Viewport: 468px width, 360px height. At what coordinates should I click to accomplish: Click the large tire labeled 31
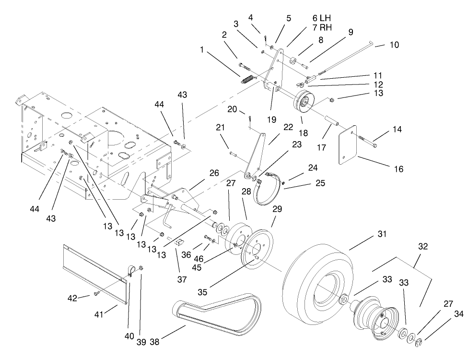coord(316,278)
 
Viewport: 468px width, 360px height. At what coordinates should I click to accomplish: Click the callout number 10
coord(393,45)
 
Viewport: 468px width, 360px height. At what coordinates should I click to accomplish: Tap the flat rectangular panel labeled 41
coord(96,271)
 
